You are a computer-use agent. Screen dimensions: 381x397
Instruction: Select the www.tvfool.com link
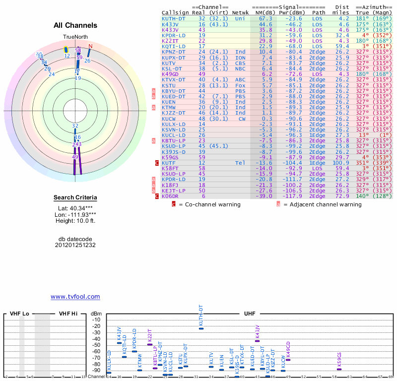tap(75, 297)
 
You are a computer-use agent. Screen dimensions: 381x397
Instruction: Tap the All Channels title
tap(75, 25)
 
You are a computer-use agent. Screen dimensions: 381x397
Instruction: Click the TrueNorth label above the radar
tap(75, 37)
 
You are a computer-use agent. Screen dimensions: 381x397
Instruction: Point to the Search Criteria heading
tap(75, 198)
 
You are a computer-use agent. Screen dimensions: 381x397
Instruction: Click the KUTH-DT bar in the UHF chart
tap(201, 328)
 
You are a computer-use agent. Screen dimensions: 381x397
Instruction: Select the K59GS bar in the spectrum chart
tap(339, 369)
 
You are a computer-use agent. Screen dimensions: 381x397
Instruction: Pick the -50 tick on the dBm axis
tap(96, 345)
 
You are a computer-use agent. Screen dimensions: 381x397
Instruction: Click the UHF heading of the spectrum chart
tap(250, 314)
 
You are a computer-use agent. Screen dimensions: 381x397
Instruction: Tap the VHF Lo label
tap(19, 314)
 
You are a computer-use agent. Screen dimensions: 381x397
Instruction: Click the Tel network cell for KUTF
tap(240, 163)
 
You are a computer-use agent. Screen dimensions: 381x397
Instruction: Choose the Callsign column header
tap(175, 12)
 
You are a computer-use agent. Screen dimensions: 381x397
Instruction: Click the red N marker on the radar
tap(90, 47)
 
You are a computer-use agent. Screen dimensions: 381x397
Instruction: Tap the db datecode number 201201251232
tap(75, 245)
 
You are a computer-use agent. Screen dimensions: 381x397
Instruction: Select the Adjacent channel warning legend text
tap(322, 204)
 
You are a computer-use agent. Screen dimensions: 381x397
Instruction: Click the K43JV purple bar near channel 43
tap(257, 341)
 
